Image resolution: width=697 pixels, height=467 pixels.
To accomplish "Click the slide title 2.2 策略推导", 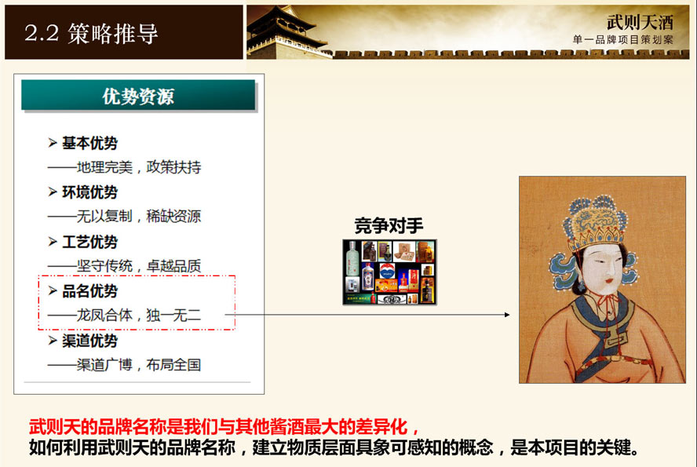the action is (x=91, y=33).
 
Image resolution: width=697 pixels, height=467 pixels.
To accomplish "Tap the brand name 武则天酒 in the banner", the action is (x=640, y=22).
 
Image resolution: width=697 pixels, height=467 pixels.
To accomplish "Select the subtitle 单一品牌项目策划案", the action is (x=622, y=39).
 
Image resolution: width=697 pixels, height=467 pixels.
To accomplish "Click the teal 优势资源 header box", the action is (x=138, y=95).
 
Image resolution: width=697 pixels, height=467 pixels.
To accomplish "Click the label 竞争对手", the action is (x=389, y=226).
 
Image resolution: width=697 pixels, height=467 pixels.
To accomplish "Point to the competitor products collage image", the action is (x=390, y=272).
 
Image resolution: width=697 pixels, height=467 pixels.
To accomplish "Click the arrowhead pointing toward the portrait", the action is (x=507, y=315).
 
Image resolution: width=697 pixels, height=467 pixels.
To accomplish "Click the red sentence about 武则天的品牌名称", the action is (x=224, y=426).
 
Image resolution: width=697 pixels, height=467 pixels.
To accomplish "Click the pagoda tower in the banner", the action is (x=284, y=33).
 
